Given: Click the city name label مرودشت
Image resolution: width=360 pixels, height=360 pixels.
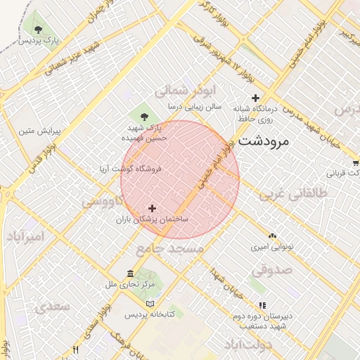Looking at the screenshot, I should (x=264, y=141).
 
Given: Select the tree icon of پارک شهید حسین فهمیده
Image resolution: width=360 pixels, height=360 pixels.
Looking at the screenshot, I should (x=145, y=116).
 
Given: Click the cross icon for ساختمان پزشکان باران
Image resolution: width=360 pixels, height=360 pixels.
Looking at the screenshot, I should (x=153, y=207).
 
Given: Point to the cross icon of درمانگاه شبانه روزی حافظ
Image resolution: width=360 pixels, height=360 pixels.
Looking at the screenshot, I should (x=255, y=98).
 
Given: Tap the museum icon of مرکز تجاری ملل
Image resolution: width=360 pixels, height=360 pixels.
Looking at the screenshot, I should (x=130, y=273).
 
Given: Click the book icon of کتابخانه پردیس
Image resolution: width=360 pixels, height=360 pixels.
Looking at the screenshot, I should (x=149, y=304).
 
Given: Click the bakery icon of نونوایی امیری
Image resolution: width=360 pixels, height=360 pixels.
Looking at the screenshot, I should (x=272, y=236).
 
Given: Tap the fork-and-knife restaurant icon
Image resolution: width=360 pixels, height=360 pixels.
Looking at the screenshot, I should (x=76, y=349).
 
